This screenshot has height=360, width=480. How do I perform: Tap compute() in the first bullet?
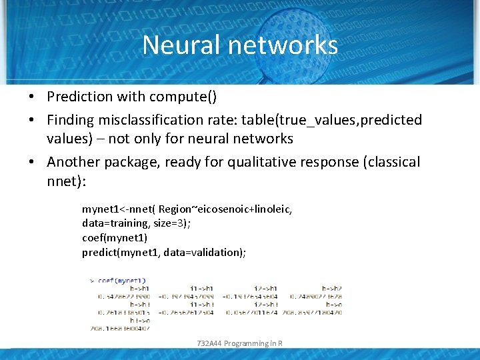[x=183, y=97]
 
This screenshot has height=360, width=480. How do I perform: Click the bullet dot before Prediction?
[x=32, y=97]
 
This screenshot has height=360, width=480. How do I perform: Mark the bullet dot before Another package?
[x=32, y=162]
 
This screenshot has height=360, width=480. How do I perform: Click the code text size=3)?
[x=170, y=223]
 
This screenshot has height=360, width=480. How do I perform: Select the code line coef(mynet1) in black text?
[x=115, y=237]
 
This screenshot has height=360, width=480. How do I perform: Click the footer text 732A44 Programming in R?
[x=240, y=343]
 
